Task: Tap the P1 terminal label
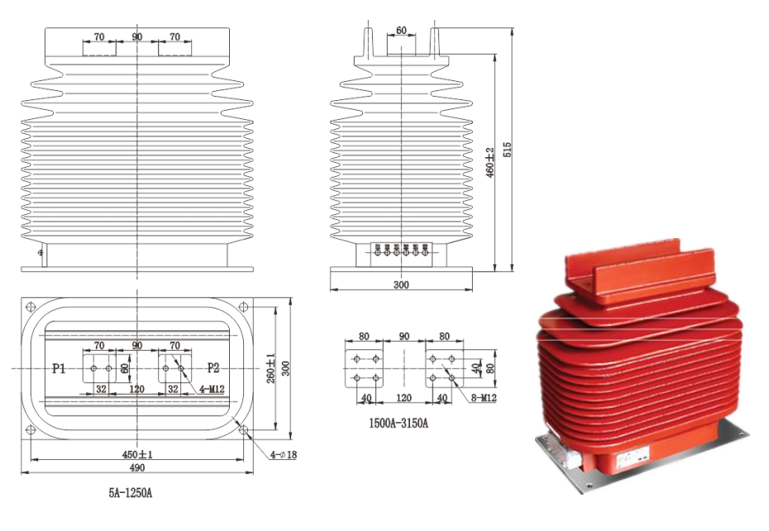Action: pyautogui.click(x=59, y=369)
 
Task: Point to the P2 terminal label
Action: pyautogui.click(x=213, y=369)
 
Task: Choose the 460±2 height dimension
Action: pyautogui.click(x=490, y=164)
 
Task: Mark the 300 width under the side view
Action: pyautogui.click(x=401, y=285)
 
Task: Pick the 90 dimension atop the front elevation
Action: pyautogui.click(x=136, y=37)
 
